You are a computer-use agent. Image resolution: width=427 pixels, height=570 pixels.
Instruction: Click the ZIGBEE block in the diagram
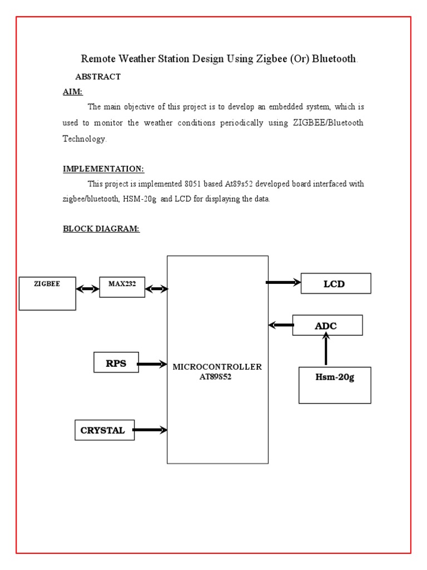coord(47,293)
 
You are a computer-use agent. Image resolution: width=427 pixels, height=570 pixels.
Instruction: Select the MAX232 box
coord(122,287)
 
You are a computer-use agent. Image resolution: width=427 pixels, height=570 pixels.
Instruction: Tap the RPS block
coord(116,362)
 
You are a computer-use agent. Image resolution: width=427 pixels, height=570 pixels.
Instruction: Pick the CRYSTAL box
coord(105,430)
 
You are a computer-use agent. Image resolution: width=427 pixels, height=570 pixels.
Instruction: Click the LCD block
coord(335,283)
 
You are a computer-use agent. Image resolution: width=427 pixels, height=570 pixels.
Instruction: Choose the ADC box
coord(327,326)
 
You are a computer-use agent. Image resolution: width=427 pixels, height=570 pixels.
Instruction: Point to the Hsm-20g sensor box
coord(335,385)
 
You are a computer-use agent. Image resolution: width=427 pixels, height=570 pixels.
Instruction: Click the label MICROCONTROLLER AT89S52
coord(217,371)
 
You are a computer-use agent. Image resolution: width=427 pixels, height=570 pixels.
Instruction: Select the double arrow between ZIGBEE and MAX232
coord(87,289)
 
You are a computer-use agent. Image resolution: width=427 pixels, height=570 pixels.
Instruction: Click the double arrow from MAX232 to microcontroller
coord(156,288)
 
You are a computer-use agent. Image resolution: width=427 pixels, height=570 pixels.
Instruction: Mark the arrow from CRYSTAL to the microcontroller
coord(150,430)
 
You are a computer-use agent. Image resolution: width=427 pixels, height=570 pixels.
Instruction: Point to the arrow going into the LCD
coord(284,283)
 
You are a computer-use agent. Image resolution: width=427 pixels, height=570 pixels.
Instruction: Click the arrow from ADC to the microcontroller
coord(281,325)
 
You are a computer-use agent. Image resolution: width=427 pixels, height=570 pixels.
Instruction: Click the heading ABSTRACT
coord(98,77)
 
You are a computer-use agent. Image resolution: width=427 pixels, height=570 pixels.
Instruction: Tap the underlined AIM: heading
coord(73,92)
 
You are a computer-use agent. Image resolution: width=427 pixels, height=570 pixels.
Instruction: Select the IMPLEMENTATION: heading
coord(103,169)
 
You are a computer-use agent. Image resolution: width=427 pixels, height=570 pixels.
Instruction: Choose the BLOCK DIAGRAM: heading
coord(101,229)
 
